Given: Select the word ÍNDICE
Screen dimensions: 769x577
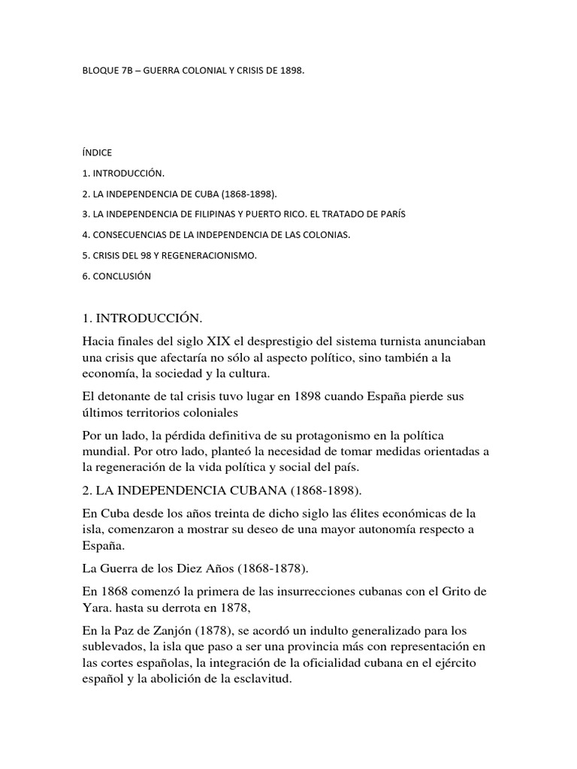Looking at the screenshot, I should pyautogui.click(x=97, y=152).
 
